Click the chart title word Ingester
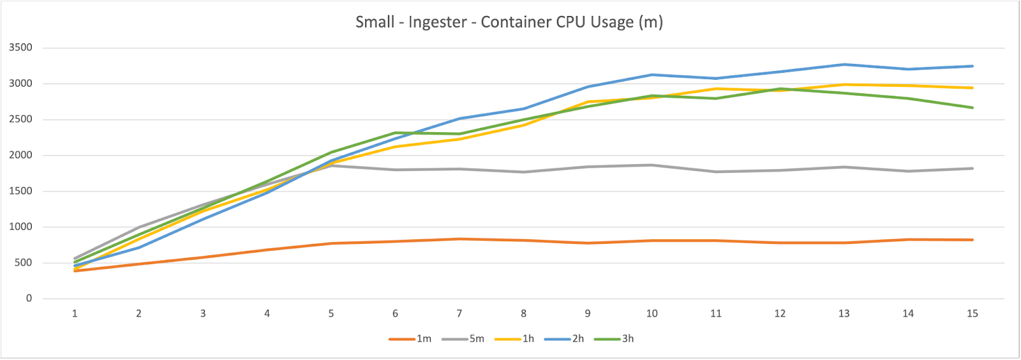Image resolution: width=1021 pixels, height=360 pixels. point(437,22)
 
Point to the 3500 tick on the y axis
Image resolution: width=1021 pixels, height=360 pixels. point(20,48)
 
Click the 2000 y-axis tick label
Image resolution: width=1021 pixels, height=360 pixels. point(20,155)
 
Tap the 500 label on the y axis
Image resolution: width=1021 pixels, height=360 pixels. point(23,263)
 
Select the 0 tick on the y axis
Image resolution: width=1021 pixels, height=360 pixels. point(29,299)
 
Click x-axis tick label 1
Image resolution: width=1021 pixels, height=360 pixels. point(75,313)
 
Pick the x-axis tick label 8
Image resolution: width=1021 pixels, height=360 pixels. point(523,313)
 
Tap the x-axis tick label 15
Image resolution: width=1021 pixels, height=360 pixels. point(972,313)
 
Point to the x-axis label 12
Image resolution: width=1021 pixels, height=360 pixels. point(780,313)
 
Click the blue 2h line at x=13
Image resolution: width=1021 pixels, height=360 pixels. point(844,64)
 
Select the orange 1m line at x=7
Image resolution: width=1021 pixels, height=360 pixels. point(459,239)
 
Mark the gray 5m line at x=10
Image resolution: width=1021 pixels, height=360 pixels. point(652,165)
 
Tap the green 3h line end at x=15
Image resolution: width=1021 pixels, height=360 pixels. point(972,107)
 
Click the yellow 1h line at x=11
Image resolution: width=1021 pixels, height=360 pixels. point(716,89)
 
